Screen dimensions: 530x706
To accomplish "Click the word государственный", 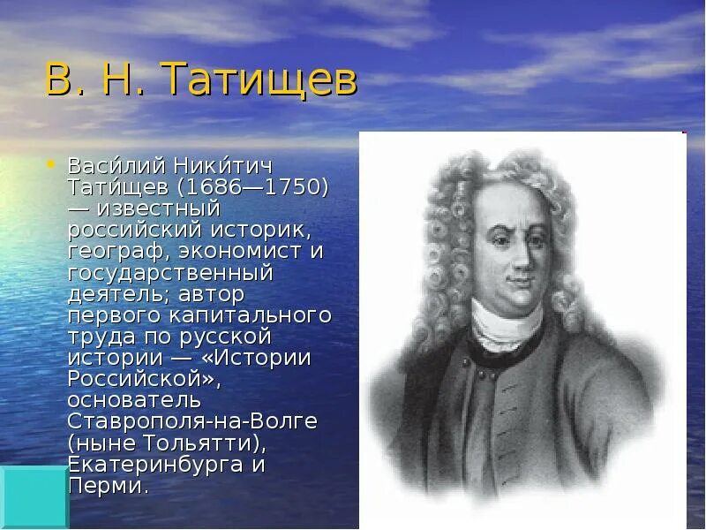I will pos(170,272).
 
